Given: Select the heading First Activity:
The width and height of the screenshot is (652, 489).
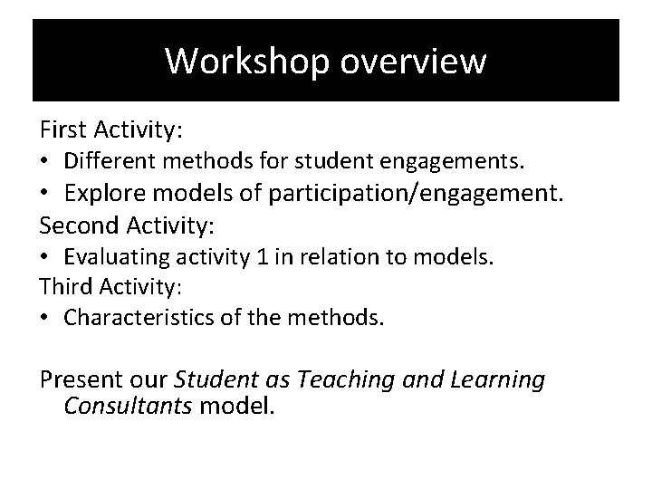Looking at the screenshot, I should (110, 130).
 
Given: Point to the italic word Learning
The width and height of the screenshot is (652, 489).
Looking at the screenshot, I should (494, 380).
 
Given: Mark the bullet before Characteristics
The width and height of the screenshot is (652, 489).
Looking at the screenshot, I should (45, 319).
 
